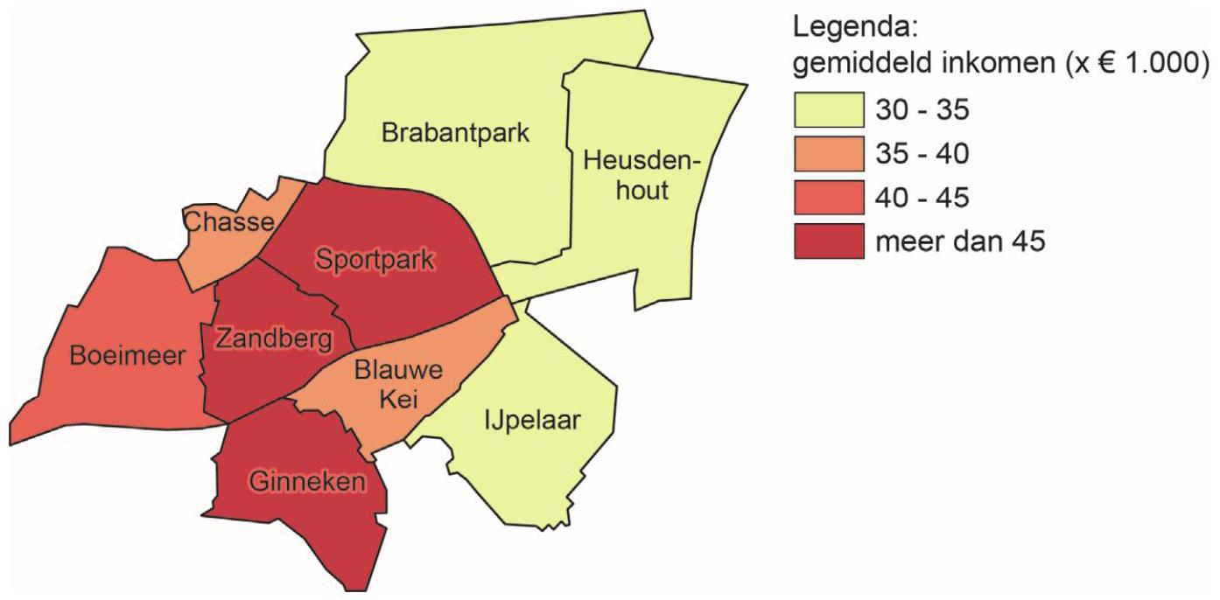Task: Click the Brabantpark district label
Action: click(455, 134)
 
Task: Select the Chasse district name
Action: click(229, 222)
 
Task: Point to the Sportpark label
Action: click(376, 259)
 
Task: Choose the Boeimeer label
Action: click(129, 355)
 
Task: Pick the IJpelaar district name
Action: click(531, 421)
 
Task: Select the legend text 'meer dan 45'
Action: click(960, 241)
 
